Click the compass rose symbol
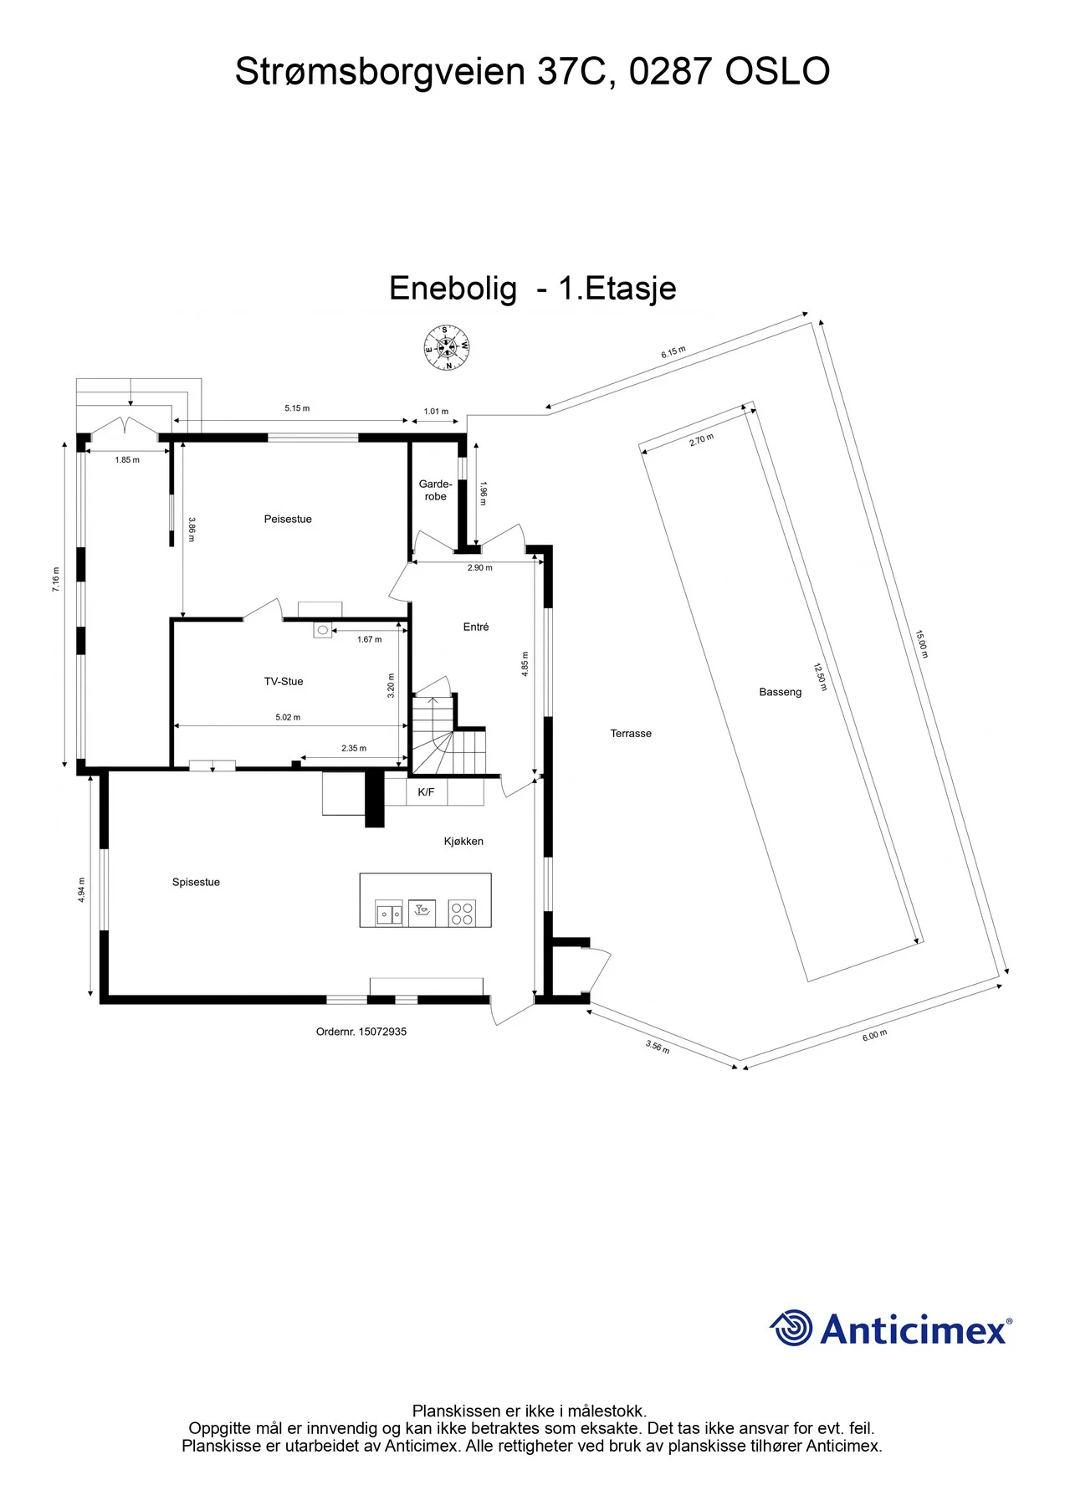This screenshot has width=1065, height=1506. coord(446,347)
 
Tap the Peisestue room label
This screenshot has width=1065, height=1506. coord(288,519)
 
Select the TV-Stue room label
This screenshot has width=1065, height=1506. coord(284,681)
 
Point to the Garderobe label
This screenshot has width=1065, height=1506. coord(435,490)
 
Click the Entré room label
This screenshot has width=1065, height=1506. coord(476,627)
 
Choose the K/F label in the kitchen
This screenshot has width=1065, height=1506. coord(426,791)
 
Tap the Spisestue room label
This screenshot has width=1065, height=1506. coord(196,882)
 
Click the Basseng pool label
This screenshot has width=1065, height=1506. coord(781,692)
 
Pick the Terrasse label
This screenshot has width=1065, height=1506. coord(631,733)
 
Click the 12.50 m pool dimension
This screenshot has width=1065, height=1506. coord(820,677)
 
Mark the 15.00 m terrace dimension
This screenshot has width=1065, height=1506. coord(921,644)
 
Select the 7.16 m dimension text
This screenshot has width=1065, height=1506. coord(56,579)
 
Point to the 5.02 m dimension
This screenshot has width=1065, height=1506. coord(288,717)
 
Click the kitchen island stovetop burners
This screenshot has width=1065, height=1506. coord(462,913)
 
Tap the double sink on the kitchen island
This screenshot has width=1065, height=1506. coord(388,914)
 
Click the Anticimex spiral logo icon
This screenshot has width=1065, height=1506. coord(791,1328)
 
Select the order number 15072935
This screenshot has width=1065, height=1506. coord(382,1032)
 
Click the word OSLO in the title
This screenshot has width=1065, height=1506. coord(777,71)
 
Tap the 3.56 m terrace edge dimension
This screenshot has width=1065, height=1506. coord(658,1047)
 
